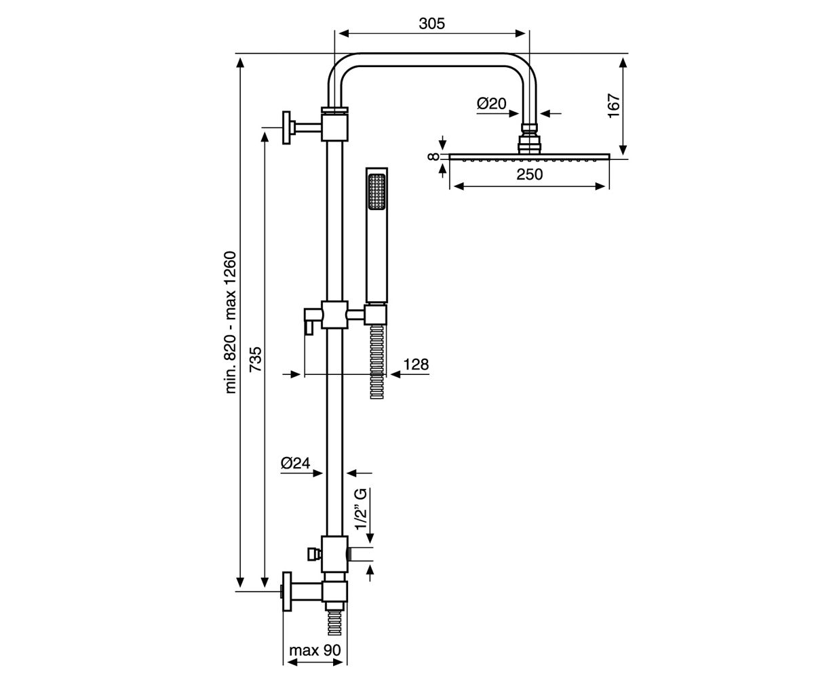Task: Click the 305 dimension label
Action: point(431,24)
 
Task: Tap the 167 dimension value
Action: point(614,106)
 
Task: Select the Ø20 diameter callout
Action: point(491,104)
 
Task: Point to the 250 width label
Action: point(529,174)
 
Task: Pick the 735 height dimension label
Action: point(255,359)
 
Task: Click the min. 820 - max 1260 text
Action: point(230,322)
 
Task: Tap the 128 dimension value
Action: point(416,364)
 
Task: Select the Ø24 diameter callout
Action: point(295,463)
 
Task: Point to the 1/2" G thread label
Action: point(361,509)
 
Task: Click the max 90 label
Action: point(315,650)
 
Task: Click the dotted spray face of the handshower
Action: point(376,193)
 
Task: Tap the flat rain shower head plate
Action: point(529,156)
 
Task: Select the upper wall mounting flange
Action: point(286,128)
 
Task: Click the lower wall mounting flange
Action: point(287,591)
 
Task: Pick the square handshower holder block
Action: point(376,315)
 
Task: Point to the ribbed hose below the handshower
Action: point(376,362)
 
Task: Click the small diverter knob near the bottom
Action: point(314,554)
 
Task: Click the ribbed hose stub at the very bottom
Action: point(334,623)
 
